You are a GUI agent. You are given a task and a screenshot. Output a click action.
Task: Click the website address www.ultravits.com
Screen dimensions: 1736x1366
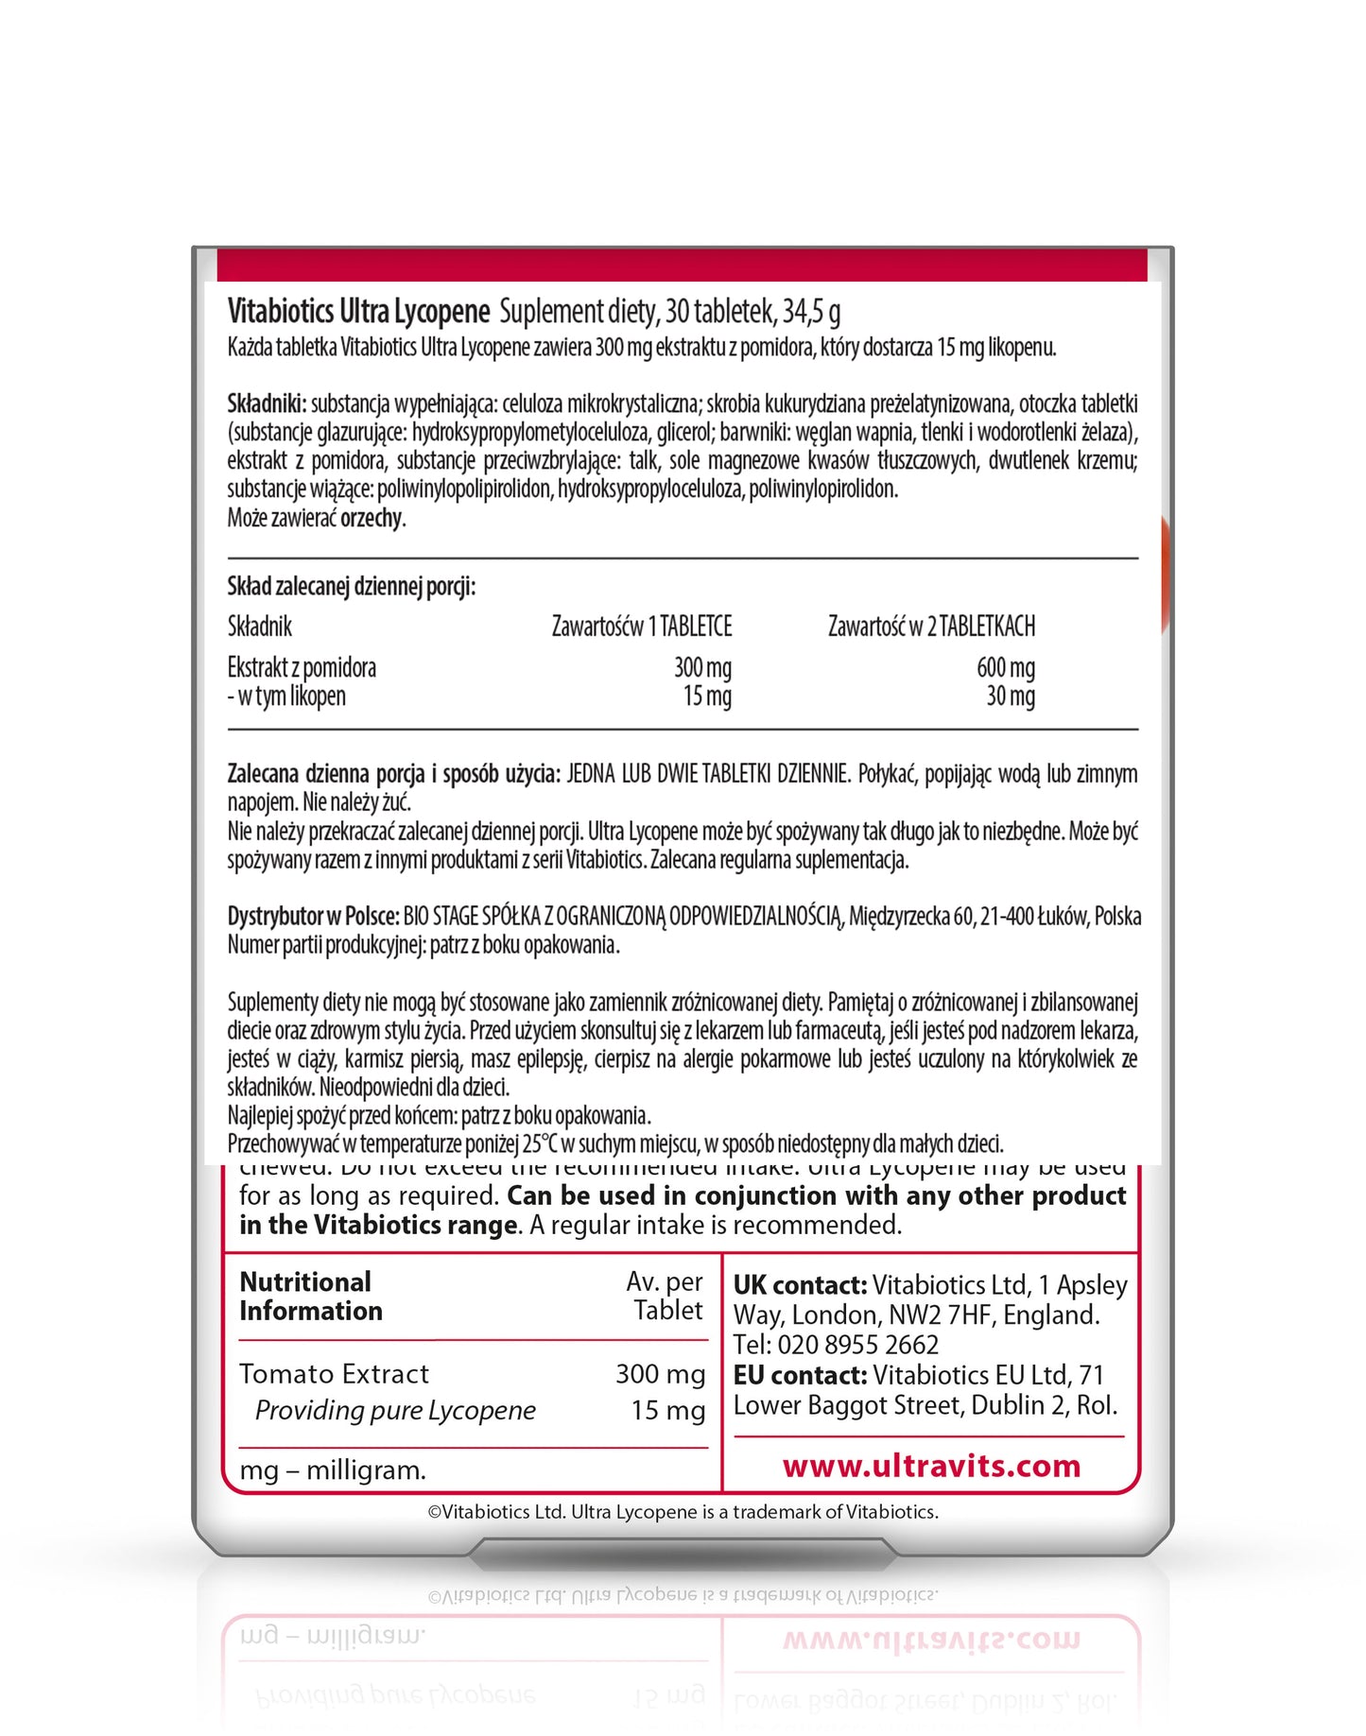931,1466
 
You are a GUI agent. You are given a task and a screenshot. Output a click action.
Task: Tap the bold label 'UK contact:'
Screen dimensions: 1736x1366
800,1285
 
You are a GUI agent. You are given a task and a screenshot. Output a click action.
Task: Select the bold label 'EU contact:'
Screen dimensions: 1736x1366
800,1375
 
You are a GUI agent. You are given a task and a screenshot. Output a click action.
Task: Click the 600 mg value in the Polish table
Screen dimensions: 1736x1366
1006,668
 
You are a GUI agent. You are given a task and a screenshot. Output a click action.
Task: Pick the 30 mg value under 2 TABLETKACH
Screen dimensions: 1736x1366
1011,696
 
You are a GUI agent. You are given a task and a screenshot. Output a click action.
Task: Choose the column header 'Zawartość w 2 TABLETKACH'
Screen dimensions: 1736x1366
931,627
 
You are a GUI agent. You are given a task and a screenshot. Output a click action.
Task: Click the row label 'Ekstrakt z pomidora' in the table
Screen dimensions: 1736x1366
302,668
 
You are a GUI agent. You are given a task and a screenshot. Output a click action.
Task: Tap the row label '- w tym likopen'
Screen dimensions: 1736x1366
286,696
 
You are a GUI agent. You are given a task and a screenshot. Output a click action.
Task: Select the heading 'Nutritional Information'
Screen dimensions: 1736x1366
310,1297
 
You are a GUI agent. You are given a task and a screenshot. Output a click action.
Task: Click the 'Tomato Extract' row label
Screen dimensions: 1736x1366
334,1373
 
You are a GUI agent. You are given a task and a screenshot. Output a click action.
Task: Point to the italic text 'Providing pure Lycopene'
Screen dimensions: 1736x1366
395,1410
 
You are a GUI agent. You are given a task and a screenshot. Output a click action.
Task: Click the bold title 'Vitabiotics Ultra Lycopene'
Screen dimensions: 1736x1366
358,311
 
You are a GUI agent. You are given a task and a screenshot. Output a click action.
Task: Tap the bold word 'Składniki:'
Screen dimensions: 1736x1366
267,404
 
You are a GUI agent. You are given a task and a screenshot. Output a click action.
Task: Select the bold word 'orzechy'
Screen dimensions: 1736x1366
372,518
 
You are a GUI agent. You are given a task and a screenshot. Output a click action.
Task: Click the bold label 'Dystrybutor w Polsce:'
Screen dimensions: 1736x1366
313,916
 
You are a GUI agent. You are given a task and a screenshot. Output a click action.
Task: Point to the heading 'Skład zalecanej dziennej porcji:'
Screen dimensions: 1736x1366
352,587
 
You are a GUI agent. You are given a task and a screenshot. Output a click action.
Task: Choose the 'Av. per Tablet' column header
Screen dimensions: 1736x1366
666,1296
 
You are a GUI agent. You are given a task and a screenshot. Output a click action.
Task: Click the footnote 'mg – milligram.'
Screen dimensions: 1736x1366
333,1470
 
